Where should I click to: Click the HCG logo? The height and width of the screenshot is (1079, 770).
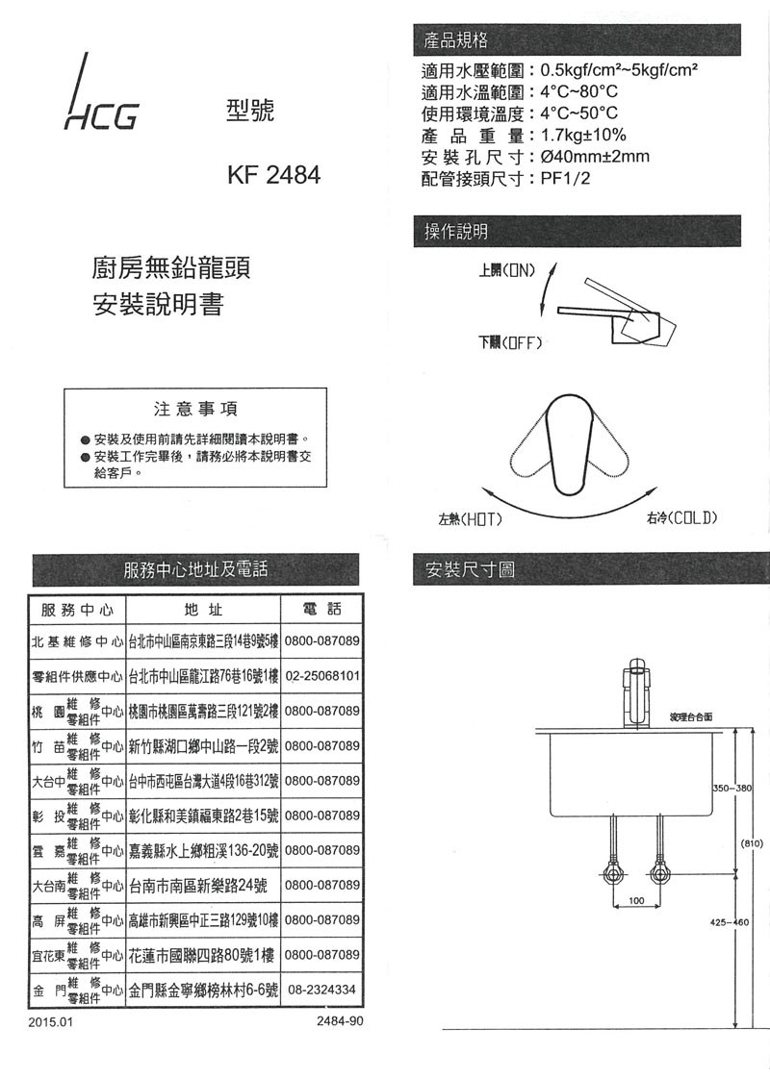(100, 96)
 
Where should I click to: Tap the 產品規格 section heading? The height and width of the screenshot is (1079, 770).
(456, 39)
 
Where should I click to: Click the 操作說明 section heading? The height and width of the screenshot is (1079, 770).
(456, 231)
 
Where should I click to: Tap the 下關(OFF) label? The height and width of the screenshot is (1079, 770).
(513, 343)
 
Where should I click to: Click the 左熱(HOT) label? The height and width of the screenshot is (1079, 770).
(472, 519)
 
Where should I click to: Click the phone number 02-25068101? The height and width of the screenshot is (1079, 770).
(322, 675)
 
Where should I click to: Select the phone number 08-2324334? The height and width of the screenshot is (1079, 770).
(322, 990)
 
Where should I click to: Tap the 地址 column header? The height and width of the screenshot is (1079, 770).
(202, 610)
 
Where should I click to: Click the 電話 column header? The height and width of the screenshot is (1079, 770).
(321, 610)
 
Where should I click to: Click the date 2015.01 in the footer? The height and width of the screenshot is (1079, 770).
(50, 1021)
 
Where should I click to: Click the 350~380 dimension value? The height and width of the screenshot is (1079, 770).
(731, 789)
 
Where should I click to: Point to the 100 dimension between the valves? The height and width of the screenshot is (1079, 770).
(636, 901)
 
